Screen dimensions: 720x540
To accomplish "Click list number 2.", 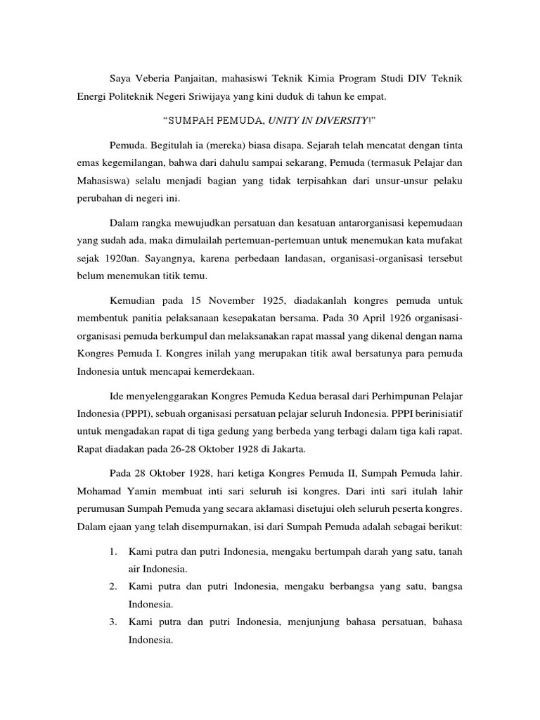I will [x=112, y=586].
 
